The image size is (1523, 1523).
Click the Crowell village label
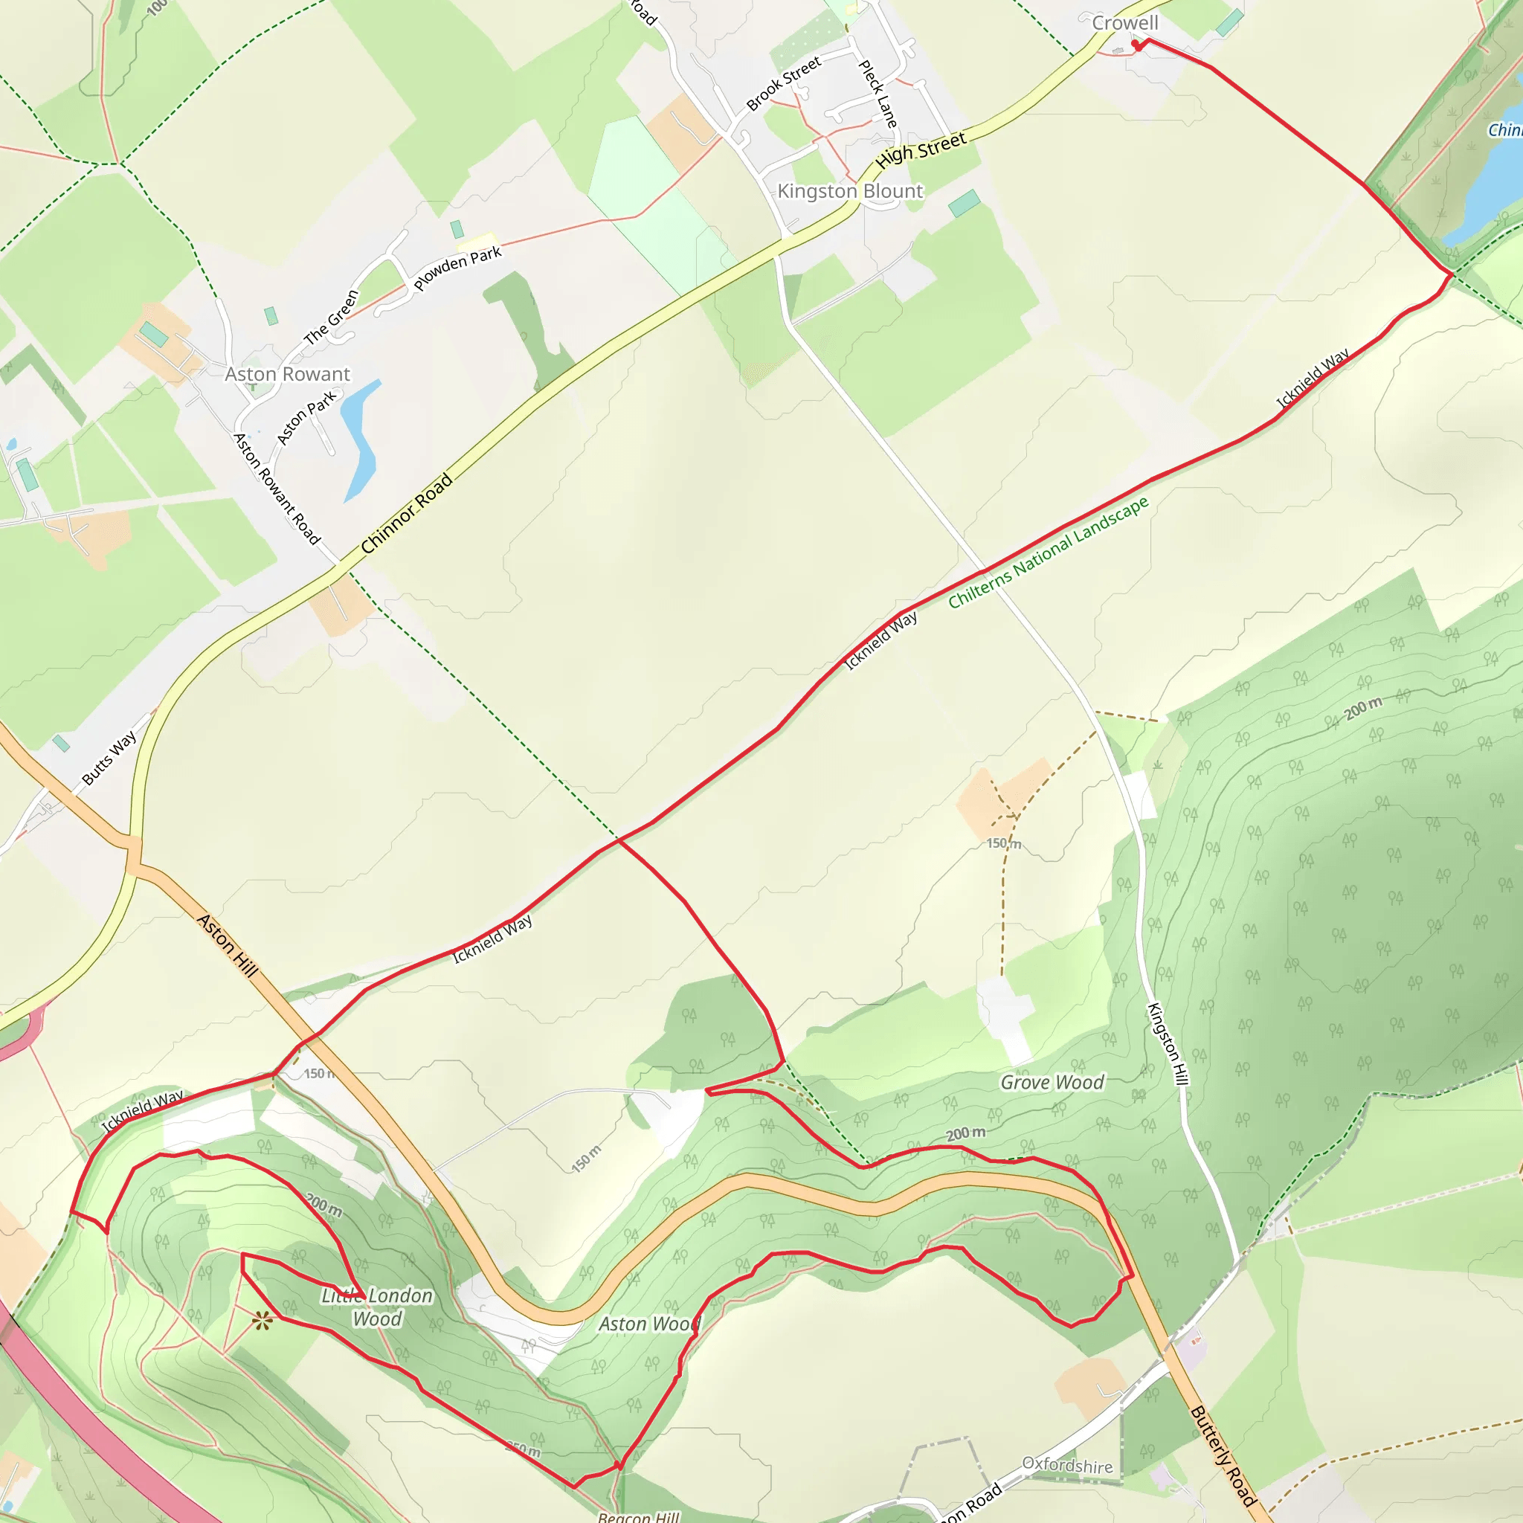1125,23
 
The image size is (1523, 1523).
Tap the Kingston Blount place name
850,192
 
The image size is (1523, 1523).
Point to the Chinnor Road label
407,513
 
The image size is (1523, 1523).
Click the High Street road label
921,149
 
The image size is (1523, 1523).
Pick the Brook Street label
784,83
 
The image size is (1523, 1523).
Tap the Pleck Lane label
878,94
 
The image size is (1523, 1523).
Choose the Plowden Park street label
457,268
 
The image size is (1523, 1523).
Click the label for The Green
332,317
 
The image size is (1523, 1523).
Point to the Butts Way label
109,758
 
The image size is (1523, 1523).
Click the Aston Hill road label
228,945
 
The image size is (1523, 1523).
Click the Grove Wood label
1052,1082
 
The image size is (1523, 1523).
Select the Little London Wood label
377,1307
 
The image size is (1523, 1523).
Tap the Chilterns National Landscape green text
1048,553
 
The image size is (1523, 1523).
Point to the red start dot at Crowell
1135,44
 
